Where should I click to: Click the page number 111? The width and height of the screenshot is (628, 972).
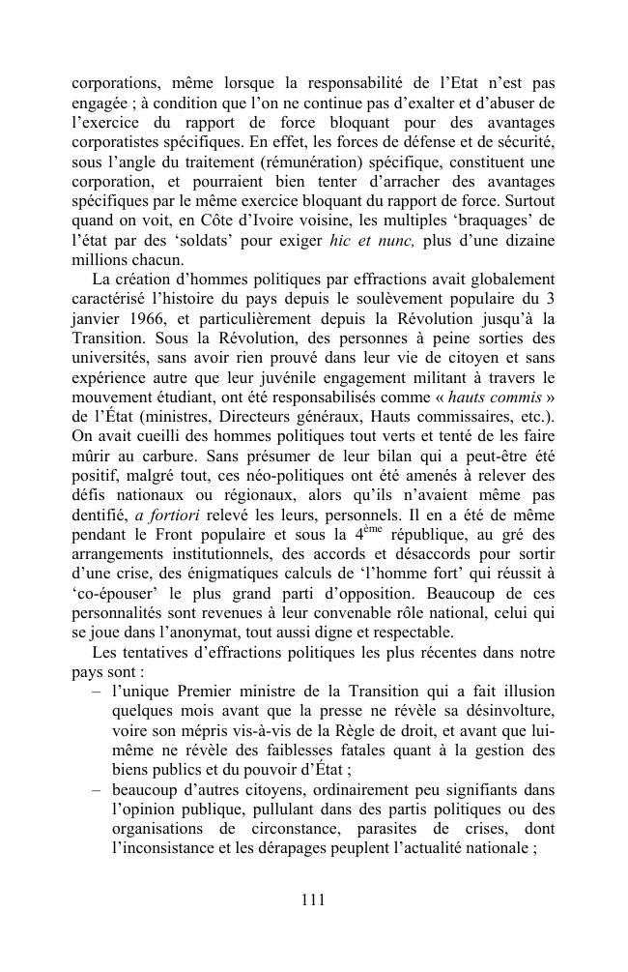[313, 899]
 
